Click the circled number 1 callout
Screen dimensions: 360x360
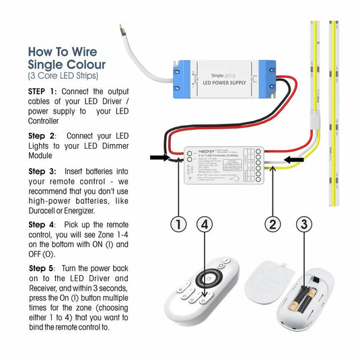[x=178, y=225]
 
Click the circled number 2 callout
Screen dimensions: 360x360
[x=272, y=225]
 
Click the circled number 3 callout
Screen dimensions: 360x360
[x=305, y=225]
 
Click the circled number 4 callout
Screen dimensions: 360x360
[x=207, y=225]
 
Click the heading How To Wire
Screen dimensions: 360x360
[x=62, y=52]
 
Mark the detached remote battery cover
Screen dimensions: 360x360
[x=268, y=283]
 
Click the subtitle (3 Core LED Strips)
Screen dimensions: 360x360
[x=63, y=75]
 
